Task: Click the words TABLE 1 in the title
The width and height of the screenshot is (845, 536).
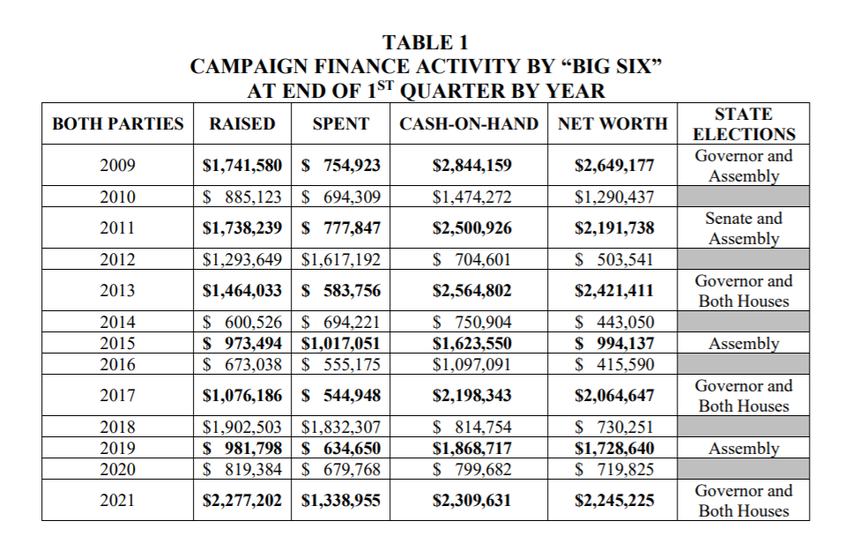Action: click(x=426, y=41)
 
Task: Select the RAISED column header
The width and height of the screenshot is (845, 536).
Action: click(x=241, y=124)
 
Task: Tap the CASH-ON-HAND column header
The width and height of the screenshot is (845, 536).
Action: click(x=469, y=124)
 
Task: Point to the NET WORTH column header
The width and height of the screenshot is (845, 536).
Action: click(x=613, y=124)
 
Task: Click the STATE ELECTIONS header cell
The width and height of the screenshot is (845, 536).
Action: click(x=744, y=124)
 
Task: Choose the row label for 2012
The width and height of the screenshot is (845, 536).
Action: click(x=117, y=260)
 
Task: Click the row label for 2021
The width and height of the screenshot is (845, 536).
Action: click(x=117, y=501)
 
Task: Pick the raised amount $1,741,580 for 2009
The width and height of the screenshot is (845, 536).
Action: click(x=242, y=166)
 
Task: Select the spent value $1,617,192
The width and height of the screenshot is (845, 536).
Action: click(x=341, y=260)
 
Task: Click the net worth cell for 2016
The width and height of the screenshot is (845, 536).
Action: click(x=614, y=364)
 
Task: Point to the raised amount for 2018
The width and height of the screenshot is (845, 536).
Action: click(x=242, y=428)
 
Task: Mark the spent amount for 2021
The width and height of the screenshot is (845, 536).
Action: click(x=341, y=501)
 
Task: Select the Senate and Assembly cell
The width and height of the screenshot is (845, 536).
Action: click(x=744, y=228)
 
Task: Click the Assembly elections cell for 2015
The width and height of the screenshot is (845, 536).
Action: click(x=744, y=344)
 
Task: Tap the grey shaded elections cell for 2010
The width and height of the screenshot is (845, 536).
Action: click(x=744, y=197)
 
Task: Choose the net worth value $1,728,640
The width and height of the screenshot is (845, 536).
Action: click(x=614, y=448)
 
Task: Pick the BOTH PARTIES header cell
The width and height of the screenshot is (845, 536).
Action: click(x=118, y=124)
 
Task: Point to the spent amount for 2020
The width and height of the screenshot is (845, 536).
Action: click(x=341, y=469)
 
